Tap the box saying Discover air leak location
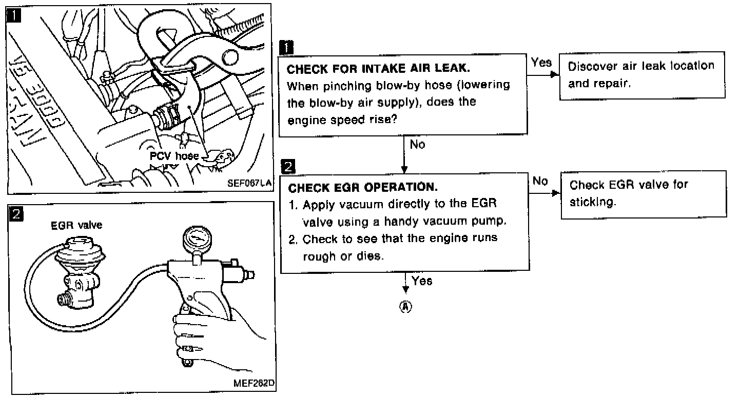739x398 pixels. [x=641, y=74]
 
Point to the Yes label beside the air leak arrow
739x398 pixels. [x=541, y=63]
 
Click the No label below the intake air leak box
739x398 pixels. [x=417, y=145]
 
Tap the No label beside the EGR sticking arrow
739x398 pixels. [x=540, y=181]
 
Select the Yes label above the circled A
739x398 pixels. [x=422, y=281]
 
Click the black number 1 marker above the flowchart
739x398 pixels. [x=286, y=47]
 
